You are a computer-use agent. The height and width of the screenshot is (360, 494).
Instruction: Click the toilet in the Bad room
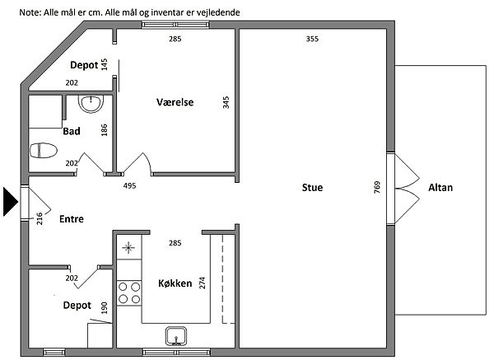pos(44,152)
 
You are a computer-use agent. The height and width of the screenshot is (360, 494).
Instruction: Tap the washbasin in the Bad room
pos(90,103)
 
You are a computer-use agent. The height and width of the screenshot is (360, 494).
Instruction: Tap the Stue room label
pos(312,189)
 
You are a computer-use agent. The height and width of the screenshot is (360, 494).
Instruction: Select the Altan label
pos(440,189)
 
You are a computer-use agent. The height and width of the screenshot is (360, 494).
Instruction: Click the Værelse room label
pos(175,102)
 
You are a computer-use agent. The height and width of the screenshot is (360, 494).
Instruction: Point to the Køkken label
pos(175,283)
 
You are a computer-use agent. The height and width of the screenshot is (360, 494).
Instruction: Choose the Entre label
pos(72,218)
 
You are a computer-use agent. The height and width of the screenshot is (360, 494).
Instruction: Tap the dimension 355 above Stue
pos(312,39)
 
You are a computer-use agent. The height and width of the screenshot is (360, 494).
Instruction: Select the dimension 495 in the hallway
pos(129,186)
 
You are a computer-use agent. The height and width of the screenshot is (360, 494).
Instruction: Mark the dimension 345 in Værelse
pos(226,102)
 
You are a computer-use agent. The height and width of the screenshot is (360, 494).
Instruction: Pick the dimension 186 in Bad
pos(104,129)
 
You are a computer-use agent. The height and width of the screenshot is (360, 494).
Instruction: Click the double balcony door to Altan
pos(403,189)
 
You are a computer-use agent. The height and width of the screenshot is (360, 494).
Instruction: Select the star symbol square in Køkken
pos(128,247)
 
